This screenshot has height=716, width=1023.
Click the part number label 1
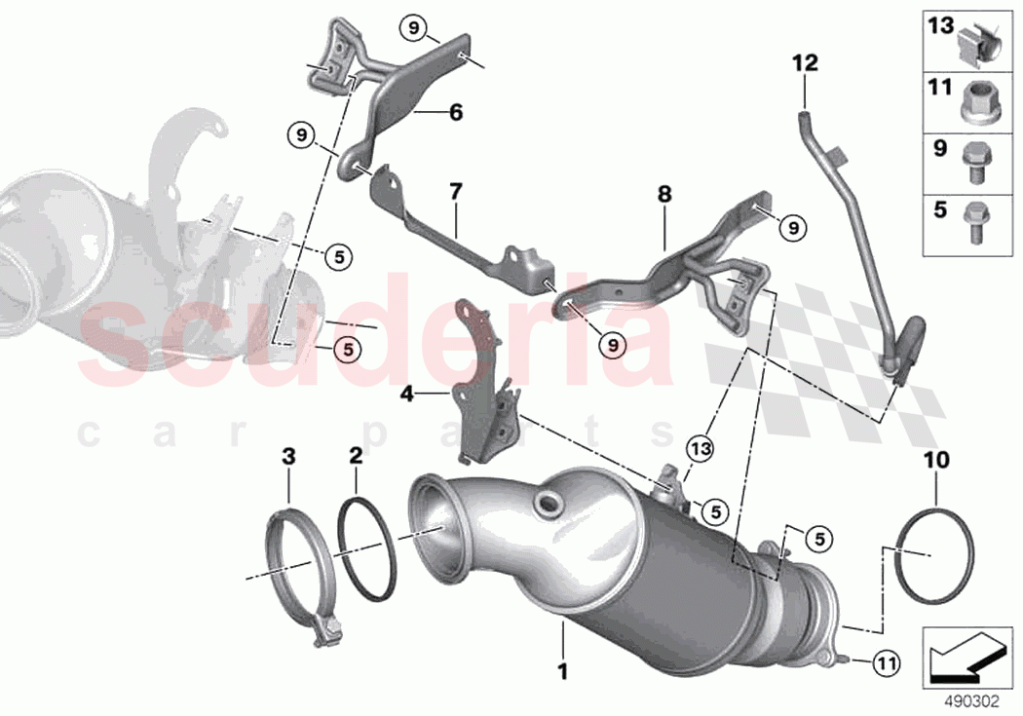point(561,670)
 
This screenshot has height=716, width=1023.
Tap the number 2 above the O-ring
point(356,455)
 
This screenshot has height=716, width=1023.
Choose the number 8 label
point(663,195)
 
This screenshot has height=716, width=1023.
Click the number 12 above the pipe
point(805,64)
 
